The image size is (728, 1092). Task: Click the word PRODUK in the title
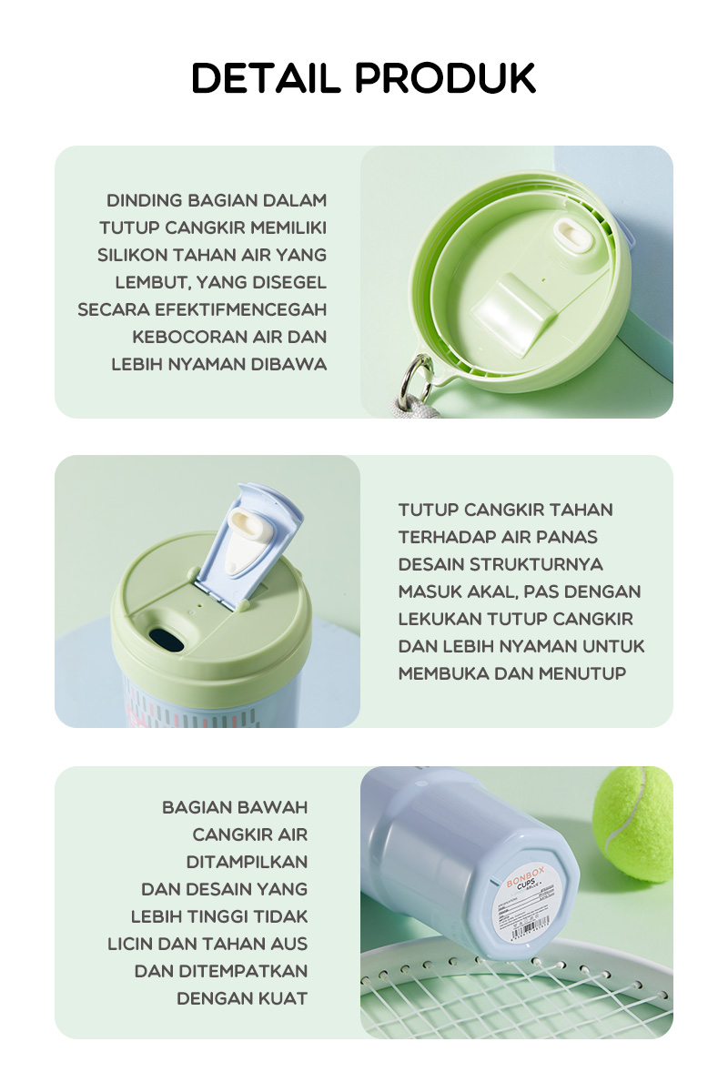[445, 79]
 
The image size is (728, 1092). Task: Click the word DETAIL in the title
[266, 79]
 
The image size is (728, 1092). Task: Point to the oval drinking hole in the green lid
[166, 640]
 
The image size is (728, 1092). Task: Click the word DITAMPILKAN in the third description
[247, 862]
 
